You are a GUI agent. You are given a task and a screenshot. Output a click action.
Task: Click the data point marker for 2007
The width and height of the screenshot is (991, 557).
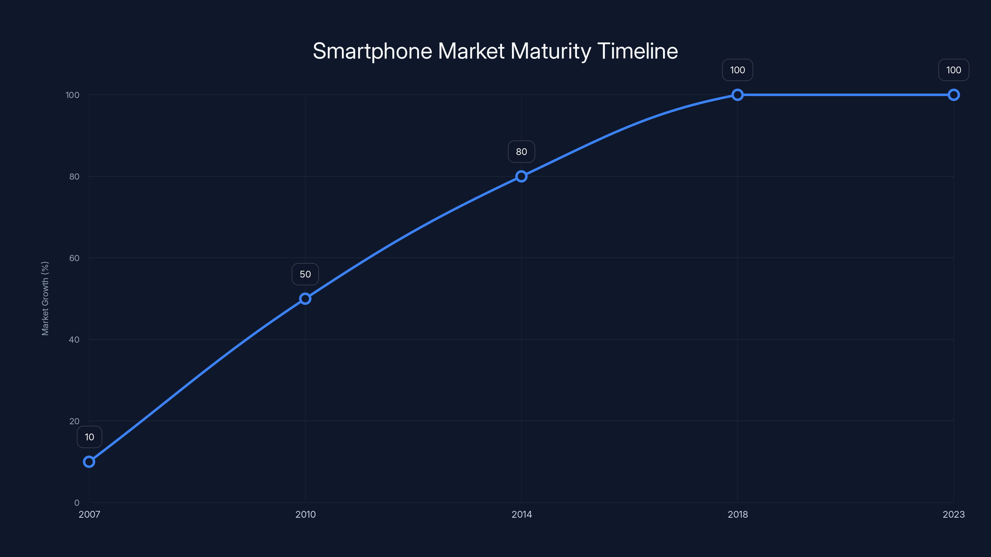pyautogui.click(x=89, y=462)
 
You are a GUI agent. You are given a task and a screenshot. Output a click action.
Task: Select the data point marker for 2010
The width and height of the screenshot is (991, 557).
pyautogui.click(x=305, y=299)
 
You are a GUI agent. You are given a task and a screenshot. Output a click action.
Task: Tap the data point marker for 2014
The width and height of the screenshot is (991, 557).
pyautogui.click(x=521, y=176)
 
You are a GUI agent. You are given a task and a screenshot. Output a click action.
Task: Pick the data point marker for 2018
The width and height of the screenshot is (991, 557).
pyautogui.click(x=737, y=95)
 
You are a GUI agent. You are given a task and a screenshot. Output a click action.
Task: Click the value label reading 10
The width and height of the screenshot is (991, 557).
pyautogui.click(x=89, y=437)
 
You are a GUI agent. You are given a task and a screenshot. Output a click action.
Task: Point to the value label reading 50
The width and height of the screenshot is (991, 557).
pyautogui.click(x=305, y=274)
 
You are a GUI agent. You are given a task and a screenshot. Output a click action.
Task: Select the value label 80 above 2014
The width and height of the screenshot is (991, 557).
pyautogui.click(x=521, y=152)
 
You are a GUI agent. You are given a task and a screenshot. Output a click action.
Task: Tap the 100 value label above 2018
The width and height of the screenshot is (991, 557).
pyautogui.click(x=737, y=70)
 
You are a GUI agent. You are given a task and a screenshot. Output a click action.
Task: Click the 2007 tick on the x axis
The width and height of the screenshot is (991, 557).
pyautogui.click(x=89, y=514)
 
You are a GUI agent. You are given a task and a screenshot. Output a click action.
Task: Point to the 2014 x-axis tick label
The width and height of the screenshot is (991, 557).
pyautogui.click(x=521, y=514)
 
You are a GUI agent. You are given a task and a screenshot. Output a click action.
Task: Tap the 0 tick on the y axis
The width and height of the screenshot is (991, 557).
pyautogui.click(x=76, y=503)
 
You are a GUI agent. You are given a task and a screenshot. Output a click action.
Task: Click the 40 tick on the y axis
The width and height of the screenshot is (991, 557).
pyautogui.click(x=74, y=339)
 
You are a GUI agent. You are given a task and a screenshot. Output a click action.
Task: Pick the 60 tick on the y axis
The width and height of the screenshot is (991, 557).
pyautogui.click(x=74, y=258)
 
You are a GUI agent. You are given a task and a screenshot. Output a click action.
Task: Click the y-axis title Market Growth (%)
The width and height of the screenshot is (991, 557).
pyautogui.click(x=45, y=298)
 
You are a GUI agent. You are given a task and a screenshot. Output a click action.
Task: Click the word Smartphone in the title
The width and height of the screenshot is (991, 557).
pyautogui.click(x=372, y=51)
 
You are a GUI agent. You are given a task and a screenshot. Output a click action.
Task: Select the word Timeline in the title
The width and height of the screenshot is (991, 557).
pyautogui.click(x=637, y=51)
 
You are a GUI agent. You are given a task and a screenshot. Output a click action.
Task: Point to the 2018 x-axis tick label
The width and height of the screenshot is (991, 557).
pyautogui.click(x=737, y=514)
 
